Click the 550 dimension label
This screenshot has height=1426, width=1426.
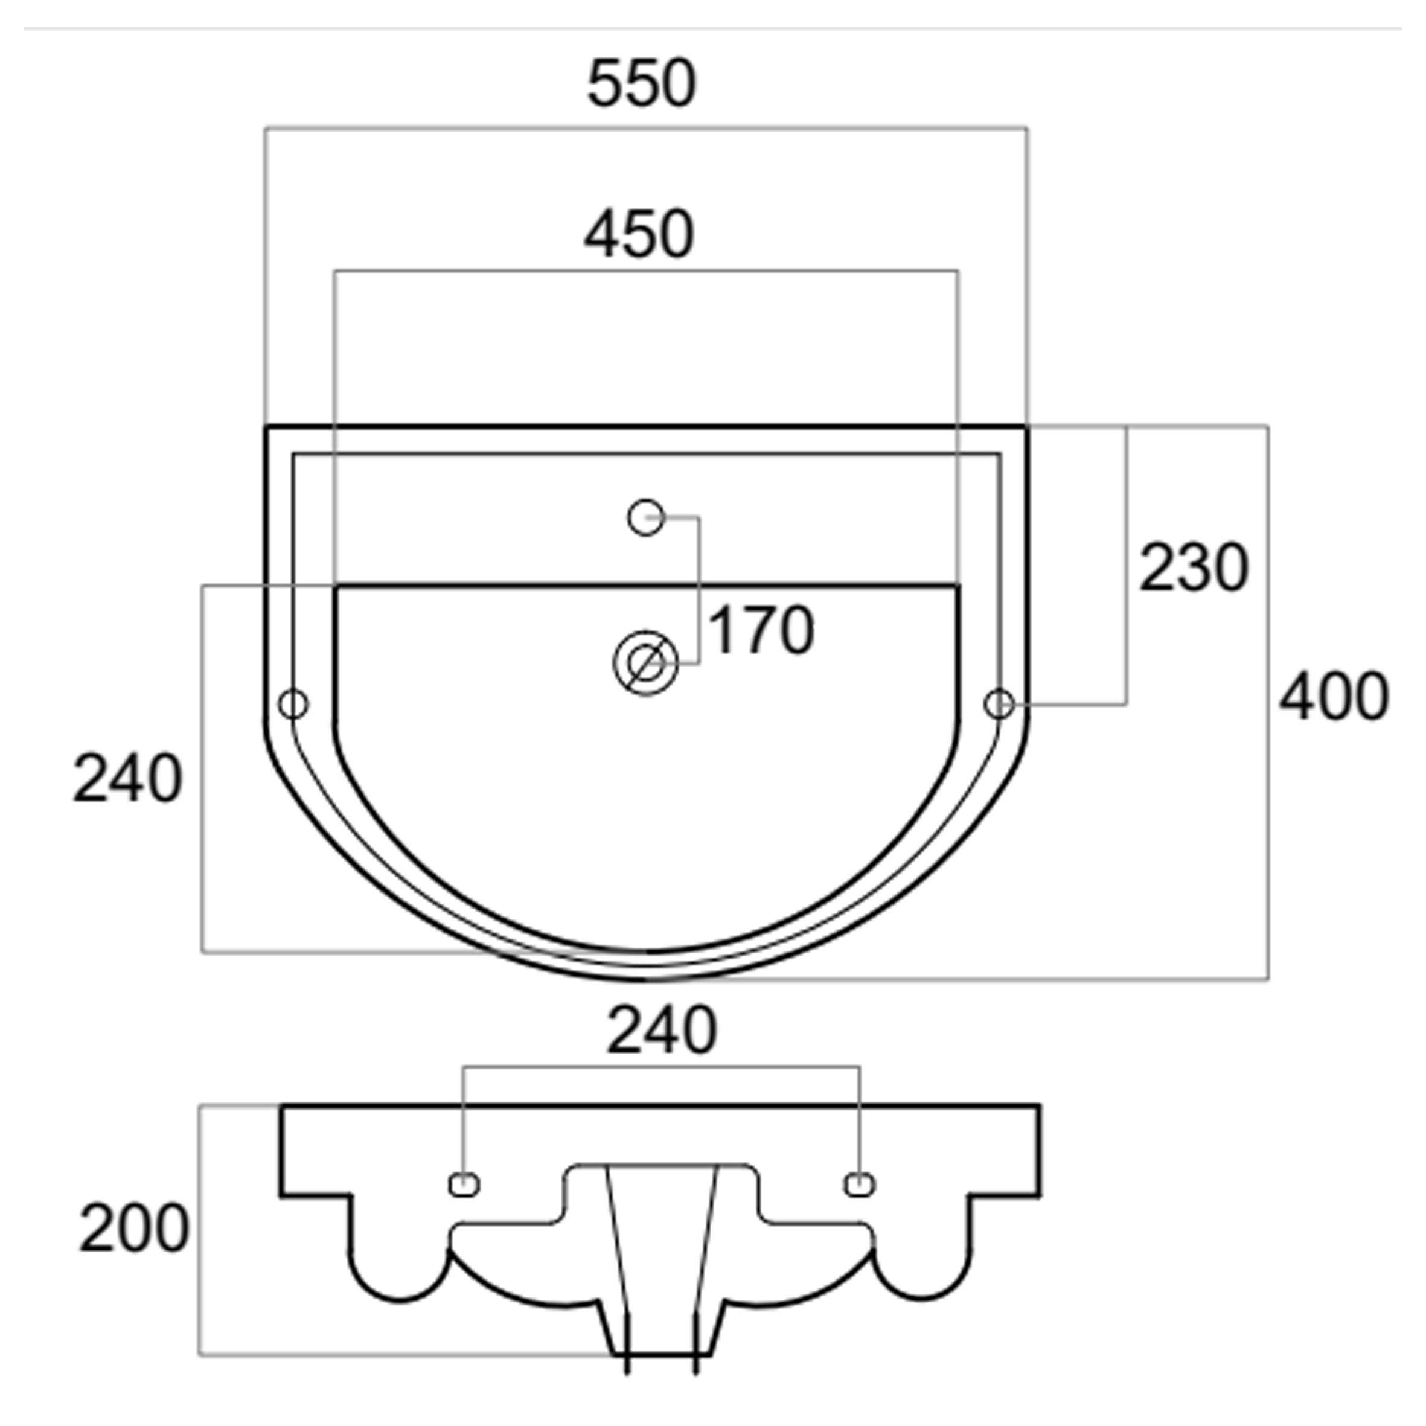(641, 84)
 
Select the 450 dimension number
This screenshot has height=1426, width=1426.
(639, 234)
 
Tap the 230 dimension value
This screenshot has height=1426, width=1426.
(1194, 568)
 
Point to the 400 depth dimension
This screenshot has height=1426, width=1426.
(1334, 696)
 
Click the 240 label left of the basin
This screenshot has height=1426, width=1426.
(127, 779)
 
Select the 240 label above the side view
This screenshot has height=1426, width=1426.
(661, 1031)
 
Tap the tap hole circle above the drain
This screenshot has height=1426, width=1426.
(646, 517)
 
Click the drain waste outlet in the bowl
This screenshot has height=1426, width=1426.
(646, 663)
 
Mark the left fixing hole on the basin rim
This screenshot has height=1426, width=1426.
(294, 703)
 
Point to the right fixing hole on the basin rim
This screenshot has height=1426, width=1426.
(999, 703)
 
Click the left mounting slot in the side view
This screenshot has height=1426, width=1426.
(464, 1185)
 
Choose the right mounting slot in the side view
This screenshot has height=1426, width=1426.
(860, 1185)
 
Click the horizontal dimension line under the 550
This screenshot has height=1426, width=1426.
(646, 129)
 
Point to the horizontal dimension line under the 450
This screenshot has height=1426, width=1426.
(646, 272)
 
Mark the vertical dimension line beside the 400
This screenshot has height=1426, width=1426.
(1268, 703)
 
